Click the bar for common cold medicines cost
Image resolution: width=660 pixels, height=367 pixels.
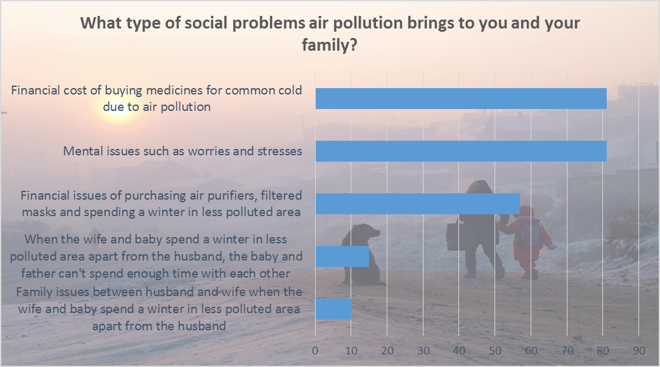point(461,98)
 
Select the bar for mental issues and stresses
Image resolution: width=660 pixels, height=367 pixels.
point(461,151)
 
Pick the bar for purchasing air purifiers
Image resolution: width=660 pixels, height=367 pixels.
point(418,203)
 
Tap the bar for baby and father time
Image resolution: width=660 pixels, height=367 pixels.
point(342,256)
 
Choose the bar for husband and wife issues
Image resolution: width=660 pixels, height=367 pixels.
point(333,309)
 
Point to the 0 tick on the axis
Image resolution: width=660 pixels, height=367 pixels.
point(315,351)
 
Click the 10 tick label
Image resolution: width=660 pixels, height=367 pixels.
point(351,351)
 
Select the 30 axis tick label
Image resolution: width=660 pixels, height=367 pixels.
point(424,351)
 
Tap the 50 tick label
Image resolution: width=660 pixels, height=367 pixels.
point(495,351)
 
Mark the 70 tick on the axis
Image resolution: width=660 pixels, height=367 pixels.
point(567,351)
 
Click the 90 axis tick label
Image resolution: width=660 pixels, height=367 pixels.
point(639,351)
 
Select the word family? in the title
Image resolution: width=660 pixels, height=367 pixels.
point(330,44)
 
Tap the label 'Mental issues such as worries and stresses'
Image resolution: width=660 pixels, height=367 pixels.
point(183,151)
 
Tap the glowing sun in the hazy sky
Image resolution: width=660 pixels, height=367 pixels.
point(119,110)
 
